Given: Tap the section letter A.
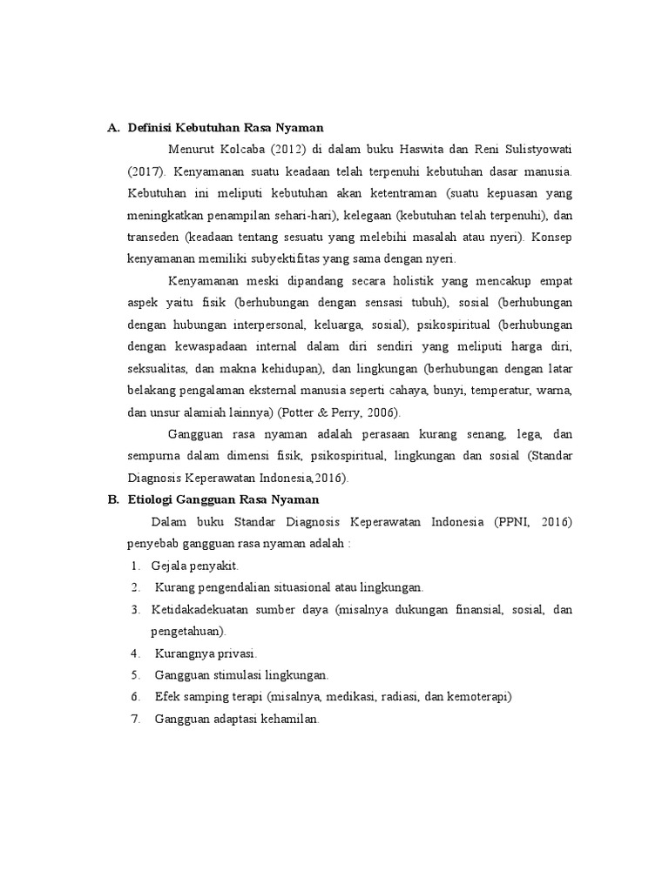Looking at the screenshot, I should coord(112,127).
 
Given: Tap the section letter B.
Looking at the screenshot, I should coord(112,499).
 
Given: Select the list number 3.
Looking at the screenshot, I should coord(136,609).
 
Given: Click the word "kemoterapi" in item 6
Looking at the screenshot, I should coord(479,697).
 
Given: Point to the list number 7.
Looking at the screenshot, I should coord(136,719).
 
